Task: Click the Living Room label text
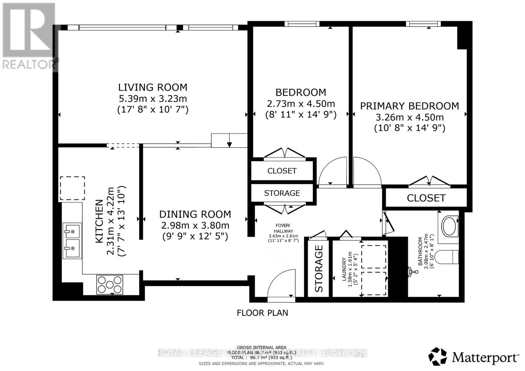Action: [x=153, y=87]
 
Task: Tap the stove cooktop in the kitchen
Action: [x=110, y=284]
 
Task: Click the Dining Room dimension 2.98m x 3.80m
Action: [x=195, y=225]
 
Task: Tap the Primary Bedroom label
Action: [x=409, y=106]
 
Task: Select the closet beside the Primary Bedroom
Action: [x=426, y=198]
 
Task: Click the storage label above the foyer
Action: [x=282, y=193]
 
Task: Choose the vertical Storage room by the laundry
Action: [x=319, y=268]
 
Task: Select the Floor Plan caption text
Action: [x=262, y=313]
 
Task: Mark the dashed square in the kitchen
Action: [x=73, y=188]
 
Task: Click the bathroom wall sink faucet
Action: [x=412, y=271]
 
